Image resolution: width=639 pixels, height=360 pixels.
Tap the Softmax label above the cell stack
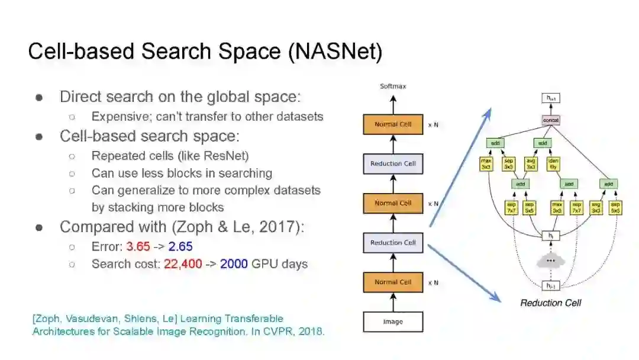(x=393, y=86)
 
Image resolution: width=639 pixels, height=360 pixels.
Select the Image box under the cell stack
(x=393, y=322)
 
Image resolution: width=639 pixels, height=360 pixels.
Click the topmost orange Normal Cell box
(x=393, y=124)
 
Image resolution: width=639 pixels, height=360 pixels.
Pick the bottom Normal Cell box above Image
(x=393, y=282)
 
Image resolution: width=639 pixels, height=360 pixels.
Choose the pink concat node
(x=551, y=120)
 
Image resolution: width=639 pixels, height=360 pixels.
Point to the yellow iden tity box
(x=554, y=163)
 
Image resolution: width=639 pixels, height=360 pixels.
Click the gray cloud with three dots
(x=551, y=261)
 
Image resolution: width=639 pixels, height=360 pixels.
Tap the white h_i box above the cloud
(x=551, y=236)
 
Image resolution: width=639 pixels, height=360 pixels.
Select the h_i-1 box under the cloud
(x=551, y=285)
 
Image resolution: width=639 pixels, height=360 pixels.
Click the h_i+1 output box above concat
(x=551, y=98)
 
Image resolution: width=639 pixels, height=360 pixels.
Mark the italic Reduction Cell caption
(x=550, y=303)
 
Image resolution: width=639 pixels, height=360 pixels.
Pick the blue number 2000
(x=234, y=264)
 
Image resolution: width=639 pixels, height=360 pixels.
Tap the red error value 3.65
(x=138, y=246)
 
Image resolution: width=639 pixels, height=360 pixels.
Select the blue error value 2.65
(x=180, y=246)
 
